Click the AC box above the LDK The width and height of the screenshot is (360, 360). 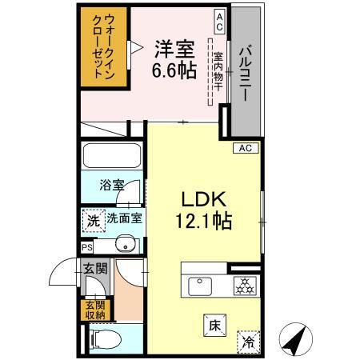coord(245,148)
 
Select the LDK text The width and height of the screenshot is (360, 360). coord(199,199)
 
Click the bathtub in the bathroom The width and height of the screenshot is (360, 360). coord(111,156)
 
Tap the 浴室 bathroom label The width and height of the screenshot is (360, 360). coord(111,186)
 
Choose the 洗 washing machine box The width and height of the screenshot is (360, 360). coord(93,220)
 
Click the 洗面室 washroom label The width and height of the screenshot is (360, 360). coord(125,218)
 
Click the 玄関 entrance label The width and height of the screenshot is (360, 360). coord(95,269)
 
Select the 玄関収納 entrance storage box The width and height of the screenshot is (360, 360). coord(95,310)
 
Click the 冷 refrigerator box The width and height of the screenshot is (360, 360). coord(249,339)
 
